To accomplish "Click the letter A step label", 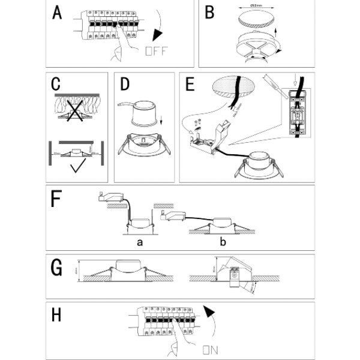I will (x=57, y=13).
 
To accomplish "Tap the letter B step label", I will (x=209, y=12).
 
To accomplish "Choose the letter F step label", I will (x=56, y=198).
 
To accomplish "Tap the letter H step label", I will (x=57, y=315).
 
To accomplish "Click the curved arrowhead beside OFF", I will (x=158, y=34).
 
